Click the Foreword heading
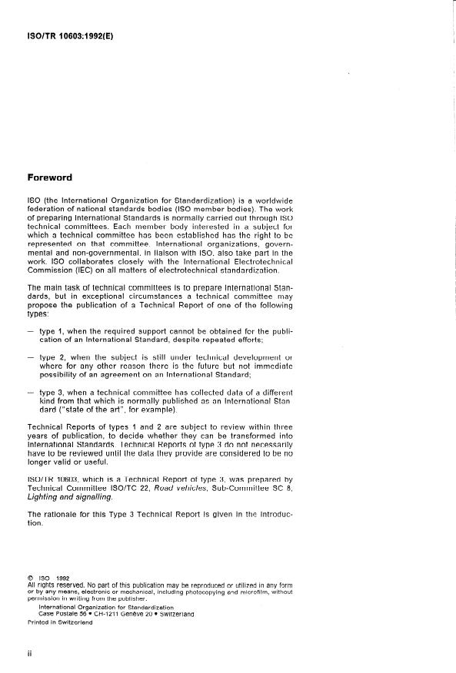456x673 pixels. (49, 177)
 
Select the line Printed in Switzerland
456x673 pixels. (59, 622)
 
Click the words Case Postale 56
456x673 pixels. (59, 614)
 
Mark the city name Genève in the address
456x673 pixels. (153, 614)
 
